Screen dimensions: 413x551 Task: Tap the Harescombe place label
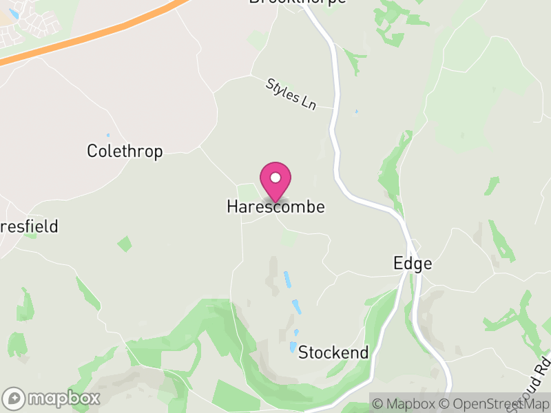point(275,206)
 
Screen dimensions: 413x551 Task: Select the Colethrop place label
point(125,151)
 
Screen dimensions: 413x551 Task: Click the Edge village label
point(413,263)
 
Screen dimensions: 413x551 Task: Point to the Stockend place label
point(333,352)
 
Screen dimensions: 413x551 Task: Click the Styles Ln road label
point(291,94)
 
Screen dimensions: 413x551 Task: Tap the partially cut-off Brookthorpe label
point(298,2)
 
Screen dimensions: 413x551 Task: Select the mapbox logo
point(52,398)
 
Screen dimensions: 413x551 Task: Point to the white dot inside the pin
point(275,178)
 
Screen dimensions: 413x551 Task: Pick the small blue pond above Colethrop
point(107,136)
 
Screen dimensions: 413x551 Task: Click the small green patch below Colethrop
point(125,243)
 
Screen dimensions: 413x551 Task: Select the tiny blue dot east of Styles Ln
point(356,112)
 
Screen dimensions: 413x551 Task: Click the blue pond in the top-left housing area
point(14,14)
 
